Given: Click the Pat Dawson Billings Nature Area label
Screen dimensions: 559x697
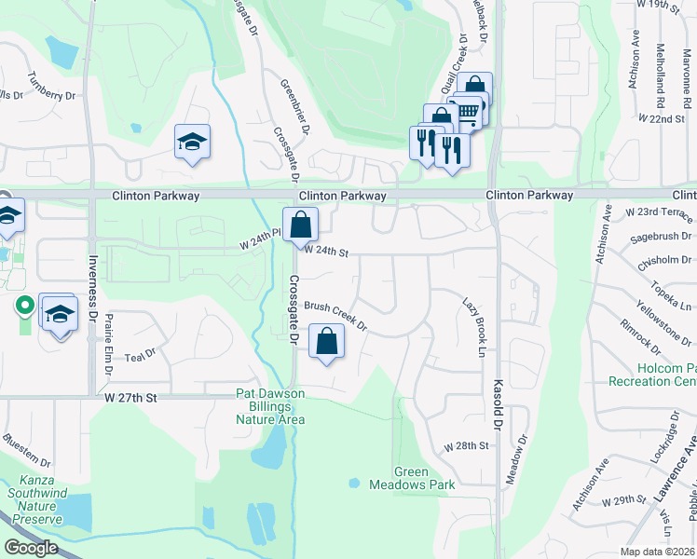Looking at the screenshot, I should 270,406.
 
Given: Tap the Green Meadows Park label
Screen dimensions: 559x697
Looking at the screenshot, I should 424,478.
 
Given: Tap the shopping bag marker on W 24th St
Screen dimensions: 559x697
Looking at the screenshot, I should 301,225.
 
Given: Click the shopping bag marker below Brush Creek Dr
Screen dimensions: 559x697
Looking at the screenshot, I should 326,342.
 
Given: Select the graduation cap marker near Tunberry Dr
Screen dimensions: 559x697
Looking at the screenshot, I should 192,143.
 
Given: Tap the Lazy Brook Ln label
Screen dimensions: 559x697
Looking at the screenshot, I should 474,326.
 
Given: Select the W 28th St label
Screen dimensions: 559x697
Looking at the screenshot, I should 467,446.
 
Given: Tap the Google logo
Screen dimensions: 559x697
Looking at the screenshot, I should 32,548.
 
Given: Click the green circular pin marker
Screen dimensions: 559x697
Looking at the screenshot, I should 23,305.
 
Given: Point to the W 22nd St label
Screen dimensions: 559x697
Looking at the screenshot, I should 662,119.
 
